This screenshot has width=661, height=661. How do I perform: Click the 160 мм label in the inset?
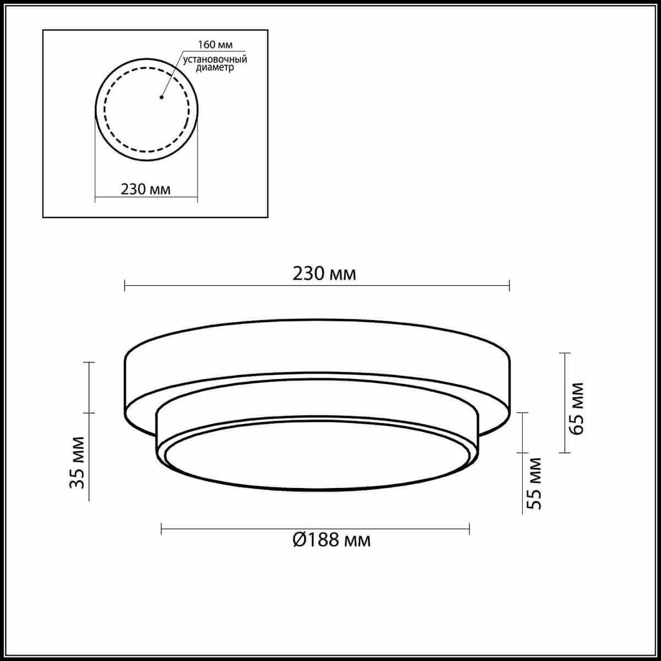(216, 45)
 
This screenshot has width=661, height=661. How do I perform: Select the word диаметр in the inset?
(215, 68)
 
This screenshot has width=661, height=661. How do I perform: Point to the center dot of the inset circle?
(161, 97)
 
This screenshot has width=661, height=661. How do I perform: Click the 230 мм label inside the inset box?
(146, 189)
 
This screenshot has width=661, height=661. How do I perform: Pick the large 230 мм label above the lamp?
(324, 274)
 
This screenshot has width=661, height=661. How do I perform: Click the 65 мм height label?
(576, 408)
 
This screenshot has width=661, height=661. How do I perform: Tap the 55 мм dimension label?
(533, 483)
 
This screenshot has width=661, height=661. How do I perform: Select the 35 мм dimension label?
(77, 462)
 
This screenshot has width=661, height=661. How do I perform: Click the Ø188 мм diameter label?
(332, 540)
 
